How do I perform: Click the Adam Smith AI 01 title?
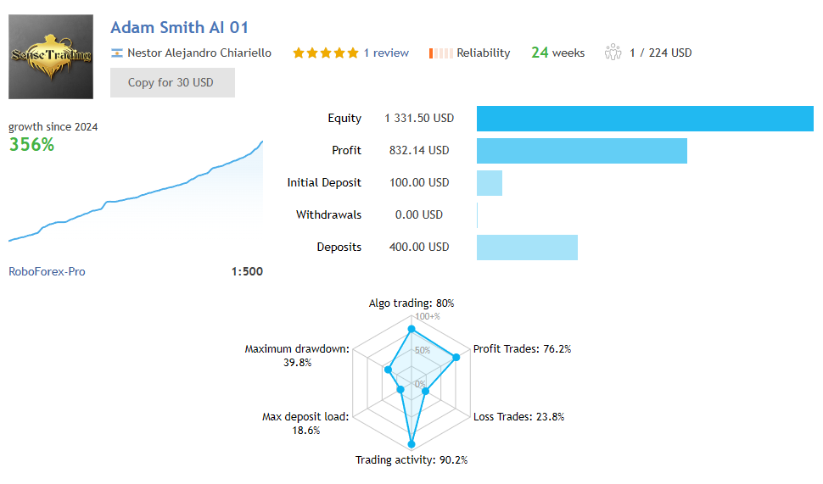(179, 28)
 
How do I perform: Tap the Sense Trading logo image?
(51, 57)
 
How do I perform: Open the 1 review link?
(386, 53)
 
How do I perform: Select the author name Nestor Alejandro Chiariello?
(199, 53)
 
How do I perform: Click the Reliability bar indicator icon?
(441, 53)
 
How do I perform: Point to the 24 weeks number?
(540, 53)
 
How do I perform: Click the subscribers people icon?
(613, 53)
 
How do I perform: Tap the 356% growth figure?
(31, 145)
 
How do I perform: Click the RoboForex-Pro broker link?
(47, 272)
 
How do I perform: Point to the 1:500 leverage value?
(247, 272)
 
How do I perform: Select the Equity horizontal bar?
(645, 119)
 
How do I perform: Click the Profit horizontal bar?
(581, 151)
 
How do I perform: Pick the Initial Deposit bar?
(490, 183)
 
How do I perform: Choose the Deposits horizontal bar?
(527, 248)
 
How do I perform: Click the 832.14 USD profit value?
(416, 151)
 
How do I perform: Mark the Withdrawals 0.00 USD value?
(419, 215)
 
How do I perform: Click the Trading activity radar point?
(411, 443)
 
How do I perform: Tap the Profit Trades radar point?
(456, 358)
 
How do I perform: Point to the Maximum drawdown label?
(296, 349)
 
